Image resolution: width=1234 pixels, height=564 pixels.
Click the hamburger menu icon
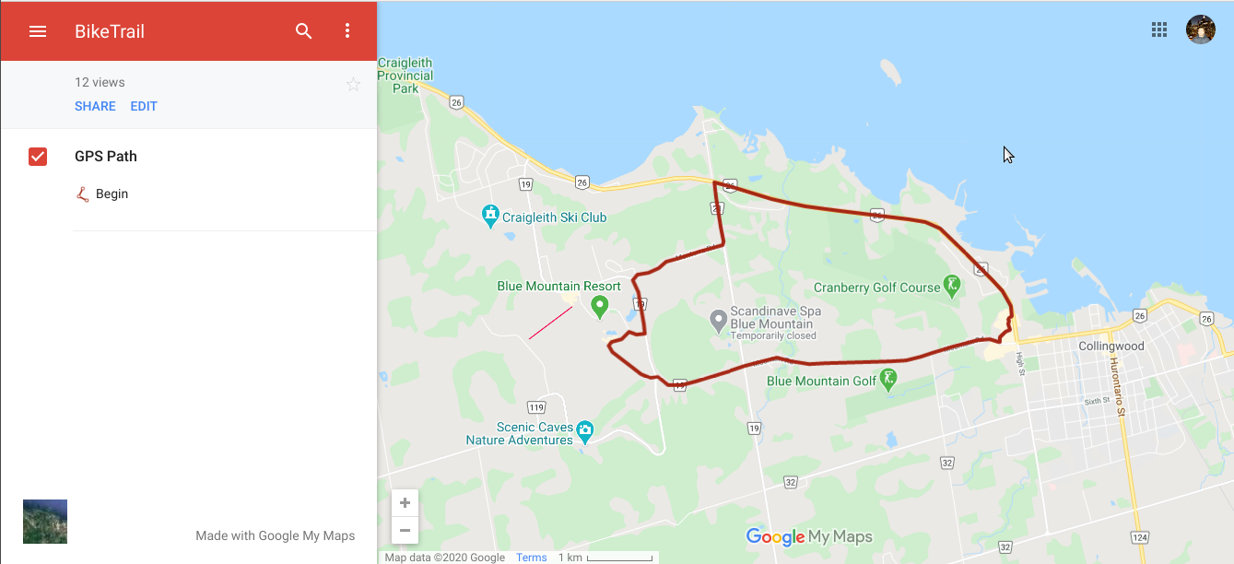coord(38,31)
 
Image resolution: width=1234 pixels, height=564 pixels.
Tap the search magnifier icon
coord(304,31)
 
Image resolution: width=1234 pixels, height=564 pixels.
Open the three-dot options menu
coord(347,31)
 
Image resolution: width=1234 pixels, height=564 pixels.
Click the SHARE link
coord(95,106)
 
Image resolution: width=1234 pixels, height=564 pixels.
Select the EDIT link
coord(144,106)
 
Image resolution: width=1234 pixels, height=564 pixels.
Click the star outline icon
coord(353,85)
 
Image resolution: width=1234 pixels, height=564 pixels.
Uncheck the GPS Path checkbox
coord(38,157)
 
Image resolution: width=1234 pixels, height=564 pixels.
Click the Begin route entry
coord(112,194)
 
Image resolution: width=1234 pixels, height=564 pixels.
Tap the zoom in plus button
coord(405,503)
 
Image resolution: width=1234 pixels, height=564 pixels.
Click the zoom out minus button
coord(405,530)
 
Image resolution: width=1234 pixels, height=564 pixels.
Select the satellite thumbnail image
coord(45,522)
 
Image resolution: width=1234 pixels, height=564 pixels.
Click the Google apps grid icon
coord(1159,29)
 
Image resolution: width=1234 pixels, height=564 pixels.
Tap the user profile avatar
coord(1200,29)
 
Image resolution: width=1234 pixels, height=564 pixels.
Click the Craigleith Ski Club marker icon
coord(490,217)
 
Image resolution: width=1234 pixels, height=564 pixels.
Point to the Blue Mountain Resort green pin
coord(600,305)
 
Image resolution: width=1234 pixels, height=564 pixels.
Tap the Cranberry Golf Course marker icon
coord(953,286)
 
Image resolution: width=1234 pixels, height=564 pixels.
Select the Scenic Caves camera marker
coord(584,429)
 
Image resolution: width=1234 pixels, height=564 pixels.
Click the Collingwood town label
coord(1111,347)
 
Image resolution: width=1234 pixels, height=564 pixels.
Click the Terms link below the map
coord(531,558)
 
